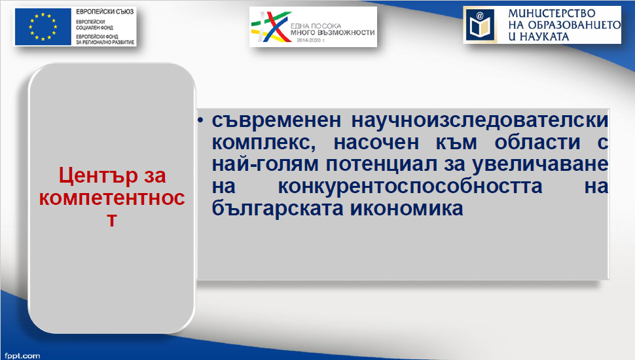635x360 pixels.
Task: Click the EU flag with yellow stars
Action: point(43,26)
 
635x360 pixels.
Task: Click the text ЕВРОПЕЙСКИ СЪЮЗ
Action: point(105,12)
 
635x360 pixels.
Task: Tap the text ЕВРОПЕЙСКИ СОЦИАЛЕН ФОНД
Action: point(94,24)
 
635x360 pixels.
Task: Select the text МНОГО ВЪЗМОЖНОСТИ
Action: point(333,32)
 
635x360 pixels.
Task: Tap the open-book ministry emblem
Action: point(481,25)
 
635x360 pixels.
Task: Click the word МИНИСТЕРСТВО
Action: point(552,14)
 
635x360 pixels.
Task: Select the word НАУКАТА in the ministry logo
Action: point(544,37)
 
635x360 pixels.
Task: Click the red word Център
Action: point(98,176)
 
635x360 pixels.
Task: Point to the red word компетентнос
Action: point(112,198)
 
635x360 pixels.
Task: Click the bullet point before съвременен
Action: point(200,120)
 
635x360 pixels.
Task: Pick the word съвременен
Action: point(277,120)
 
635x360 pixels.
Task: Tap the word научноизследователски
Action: point(480,120)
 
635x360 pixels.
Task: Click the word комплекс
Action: point(264,143)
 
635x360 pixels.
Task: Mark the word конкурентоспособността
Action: point(410,187)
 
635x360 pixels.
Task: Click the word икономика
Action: point(407,208)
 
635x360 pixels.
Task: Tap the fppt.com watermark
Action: point(22,356)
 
